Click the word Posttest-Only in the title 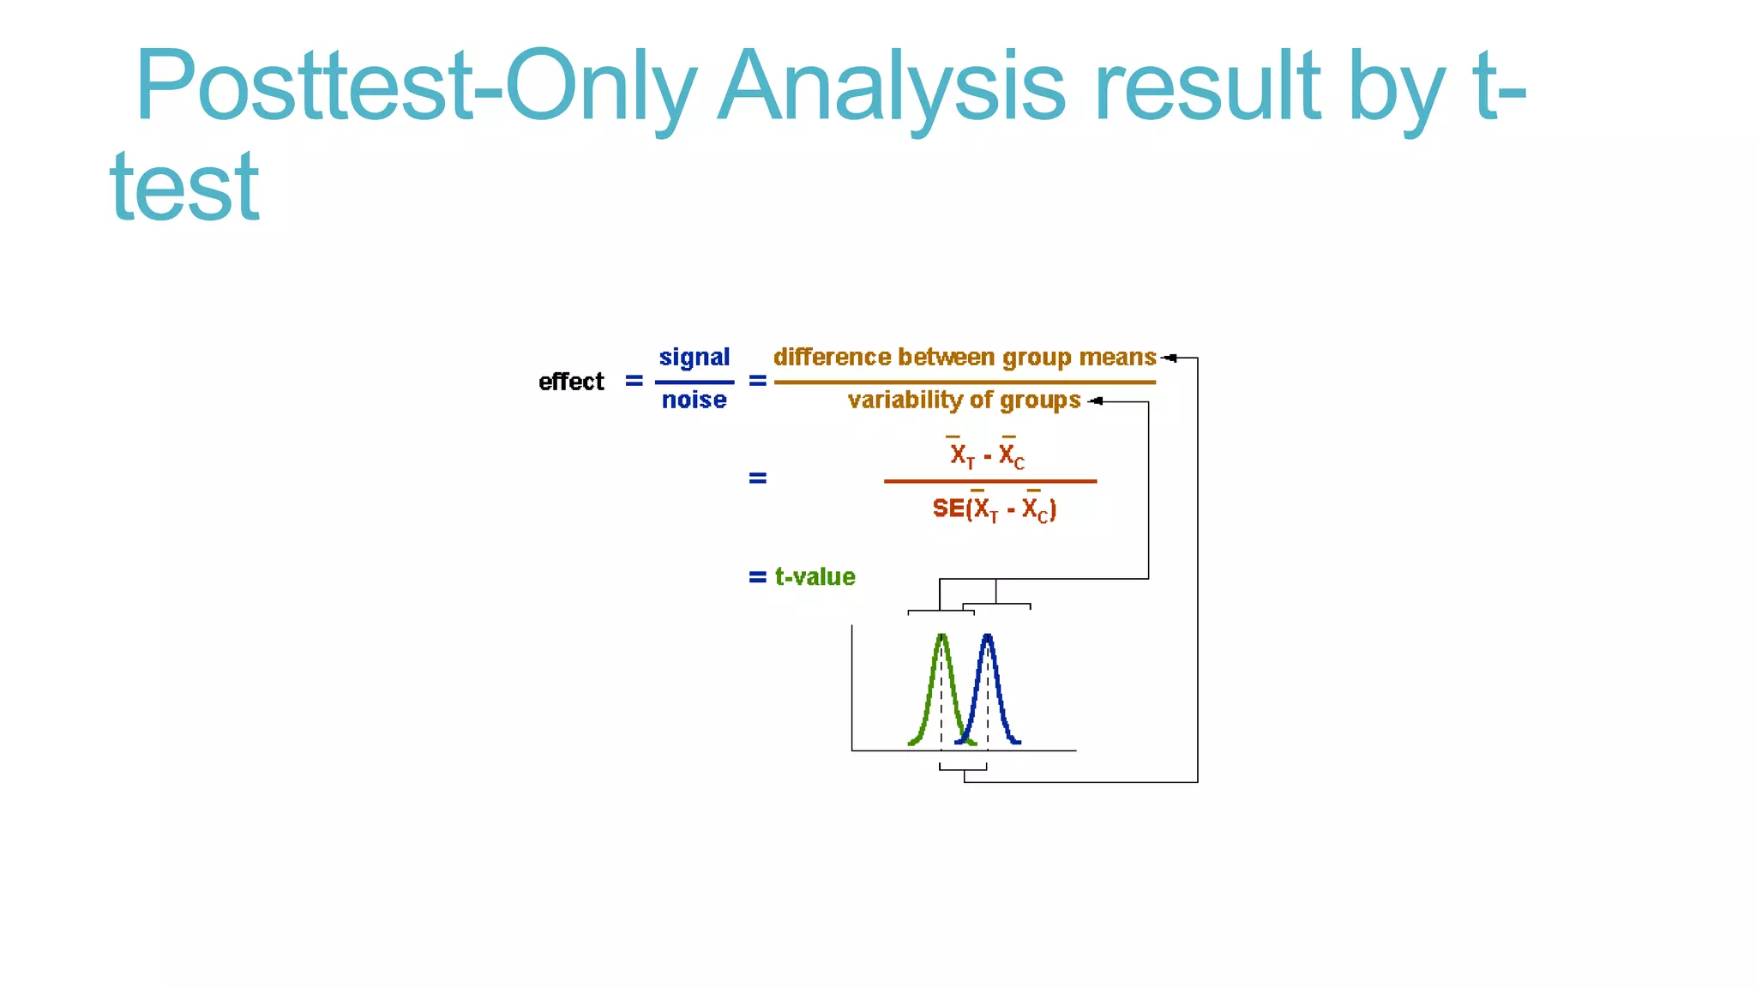[415, 86]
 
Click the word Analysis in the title [892, 86]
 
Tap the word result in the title [1209, 86]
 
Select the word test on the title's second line [184, 187]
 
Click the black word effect [571, 382]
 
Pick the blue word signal [695, 357]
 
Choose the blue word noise [695, 400]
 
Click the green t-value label [815, 577]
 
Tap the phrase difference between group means [965, 357]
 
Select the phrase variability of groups [964, 401]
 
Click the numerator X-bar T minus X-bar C [987, 455]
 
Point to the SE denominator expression [994, 509]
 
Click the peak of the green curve [941, 636]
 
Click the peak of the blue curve [988, 636]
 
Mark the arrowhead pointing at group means [1168, 358]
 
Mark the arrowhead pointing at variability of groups [1095, 401]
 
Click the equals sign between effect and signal [634, 381]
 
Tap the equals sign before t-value [757, 577]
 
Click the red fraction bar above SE [990, 481]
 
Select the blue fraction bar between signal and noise [695, 382]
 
